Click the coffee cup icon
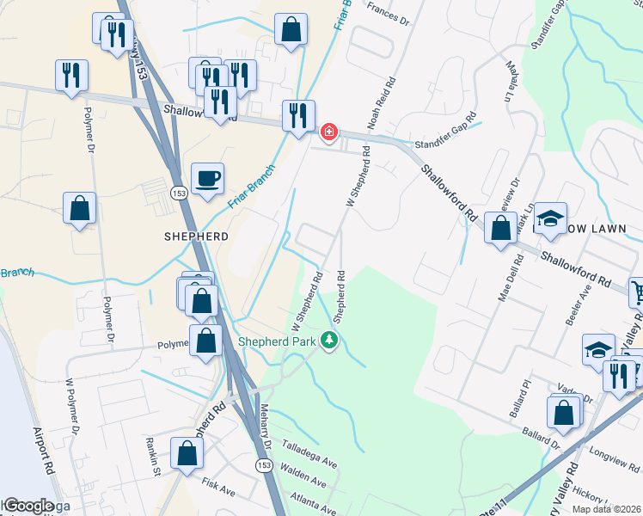207,180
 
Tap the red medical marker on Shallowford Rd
328,132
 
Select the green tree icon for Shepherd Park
328,341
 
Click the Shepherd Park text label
277,341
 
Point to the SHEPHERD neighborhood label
197,236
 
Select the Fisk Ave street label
219,491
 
